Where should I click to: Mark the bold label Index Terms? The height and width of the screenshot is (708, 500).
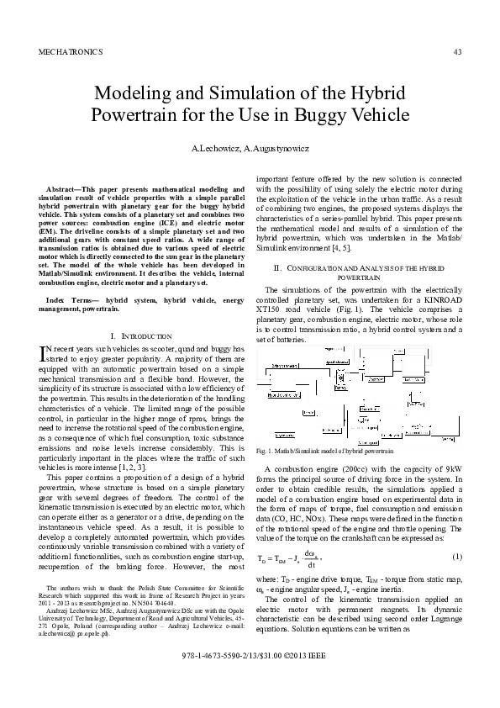point(68,299)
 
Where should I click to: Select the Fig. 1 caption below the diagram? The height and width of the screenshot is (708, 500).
point(324,452)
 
